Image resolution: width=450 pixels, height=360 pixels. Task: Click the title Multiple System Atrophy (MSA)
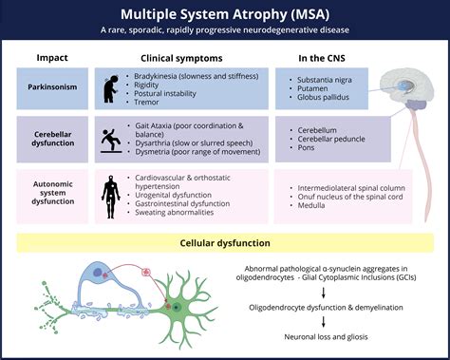226,15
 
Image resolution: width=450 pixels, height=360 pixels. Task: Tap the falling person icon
110,141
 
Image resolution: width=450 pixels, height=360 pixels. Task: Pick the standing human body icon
110,192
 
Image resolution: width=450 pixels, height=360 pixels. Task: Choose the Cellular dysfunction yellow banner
225,242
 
